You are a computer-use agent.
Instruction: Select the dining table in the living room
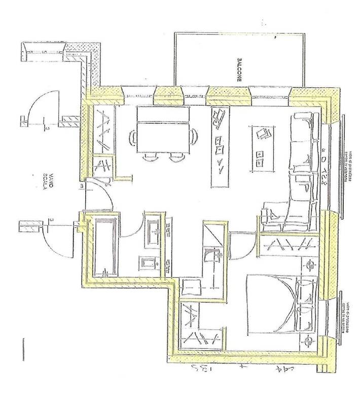(x=162, y=132)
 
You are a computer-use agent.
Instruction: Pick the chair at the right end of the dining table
(x=193, y=136)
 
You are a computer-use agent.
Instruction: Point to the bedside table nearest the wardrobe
(x=310, y=264)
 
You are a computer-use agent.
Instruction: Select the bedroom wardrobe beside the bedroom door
(x=289, y=246)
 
